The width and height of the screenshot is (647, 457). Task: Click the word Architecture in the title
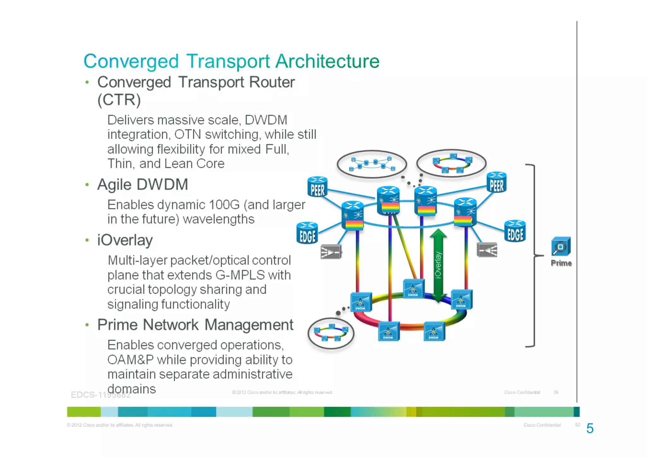pos(327,61)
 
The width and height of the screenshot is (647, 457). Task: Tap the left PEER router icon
pos(317,187)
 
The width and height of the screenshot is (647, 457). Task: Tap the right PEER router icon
pos(496,183)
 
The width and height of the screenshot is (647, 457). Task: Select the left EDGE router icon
pos(307,233)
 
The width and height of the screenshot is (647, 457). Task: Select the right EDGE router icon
pos(515,231)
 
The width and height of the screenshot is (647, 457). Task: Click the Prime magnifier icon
pos(561,246)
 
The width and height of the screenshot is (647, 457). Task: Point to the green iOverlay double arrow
pos(438,265)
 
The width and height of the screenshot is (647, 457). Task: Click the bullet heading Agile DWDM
pos(142,184)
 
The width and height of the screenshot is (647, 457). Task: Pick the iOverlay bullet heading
pos(125,240)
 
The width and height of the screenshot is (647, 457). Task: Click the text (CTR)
pos(119,100)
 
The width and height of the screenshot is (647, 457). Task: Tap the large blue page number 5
pos(590,429)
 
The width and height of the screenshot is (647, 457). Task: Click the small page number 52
pos(577,425)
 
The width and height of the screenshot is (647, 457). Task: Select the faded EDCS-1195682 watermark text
pos(100,395)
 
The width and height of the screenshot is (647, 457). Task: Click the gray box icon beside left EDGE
pos(331,252)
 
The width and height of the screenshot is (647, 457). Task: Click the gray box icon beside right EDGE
pos(487,250)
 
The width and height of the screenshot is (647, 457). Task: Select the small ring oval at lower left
pos(331,334)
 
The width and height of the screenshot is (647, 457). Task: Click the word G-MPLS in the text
pos(240,275)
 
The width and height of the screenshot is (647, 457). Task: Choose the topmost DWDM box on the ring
pos(413,288)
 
